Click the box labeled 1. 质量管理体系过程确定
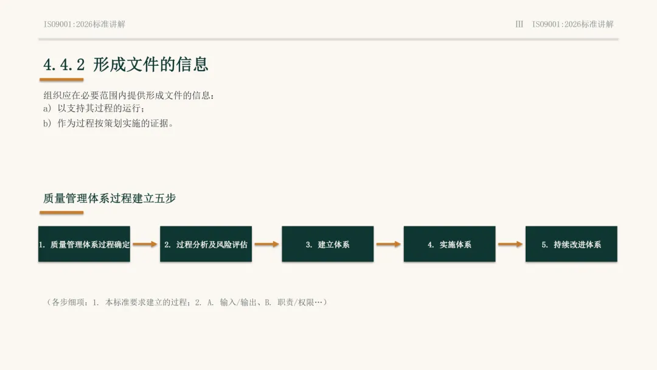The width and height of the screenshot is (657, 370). click(84, 244)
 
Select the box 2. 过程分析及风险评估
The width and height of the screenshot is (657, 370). click(206, 244)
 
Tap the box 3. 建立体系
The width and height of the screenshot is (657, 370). click(328, 244)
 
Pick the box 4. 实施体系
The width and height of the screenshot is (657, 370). click(450, 244)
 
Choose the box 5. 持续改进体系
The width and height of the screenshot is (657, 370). click(571, 244)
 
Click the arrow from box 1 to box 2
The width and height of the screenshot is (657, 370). click(145, 244)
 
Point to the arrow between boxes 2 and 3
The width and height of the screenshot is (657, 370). click(267, 244)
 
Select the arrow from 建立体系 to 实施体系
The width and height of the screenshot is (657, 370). click(388, 244)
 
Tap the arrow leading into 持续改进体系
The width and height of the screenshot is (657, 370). click(510, 244)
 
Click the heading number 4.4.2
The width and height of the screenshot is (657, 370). click(64, 65)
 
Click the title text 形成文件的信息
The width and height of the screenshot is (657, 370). click(150, 64)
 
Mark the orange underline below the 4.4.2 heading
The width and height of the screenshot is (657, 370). click(61, 79)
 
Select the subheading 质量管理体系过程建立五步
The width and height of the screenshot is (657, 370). click(109, 198)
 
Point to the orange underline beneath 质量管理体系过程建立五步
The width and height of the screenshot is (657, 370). click(61, 212)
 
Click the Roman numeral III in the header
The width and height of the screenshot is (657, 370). click(519, 24)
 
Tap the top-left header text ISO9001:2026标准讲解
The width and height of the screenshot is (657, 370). click(84, 24)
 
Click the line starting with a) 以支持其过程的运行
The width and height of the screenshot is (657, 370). click(94, 108)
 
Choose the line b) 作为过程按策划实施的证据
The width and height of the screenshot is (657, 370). click(108, 123)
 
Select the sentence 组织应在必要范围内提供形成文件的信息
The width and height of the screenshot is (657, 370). click(128, 96)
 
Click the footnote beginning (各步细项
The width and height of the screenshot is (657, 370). click(186, 302)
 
